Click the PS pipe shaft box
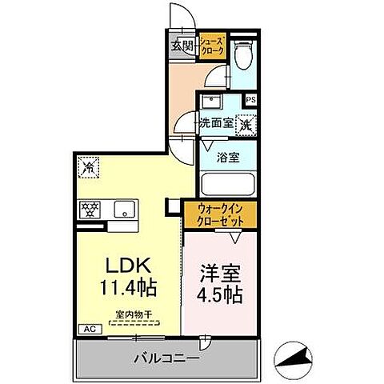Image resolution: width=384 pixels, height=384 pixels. (250, 100)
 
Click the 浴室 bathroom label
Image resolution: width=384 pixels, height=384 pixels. (228, 157)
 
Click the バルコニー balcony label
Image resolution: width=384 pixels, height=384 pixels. (167, 358)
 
